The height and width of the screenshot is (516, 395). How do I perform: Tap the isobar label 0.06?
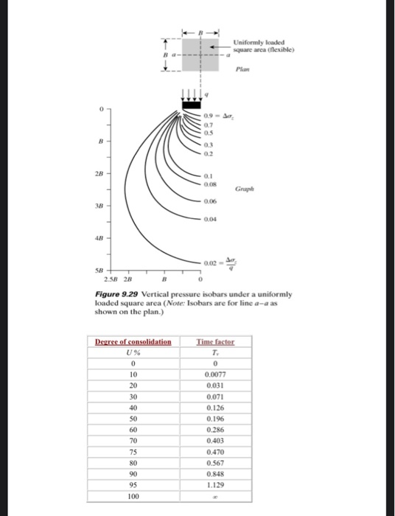[211, 201]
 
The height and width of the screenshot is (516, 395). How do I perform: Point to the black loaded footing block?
[191, 105]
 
